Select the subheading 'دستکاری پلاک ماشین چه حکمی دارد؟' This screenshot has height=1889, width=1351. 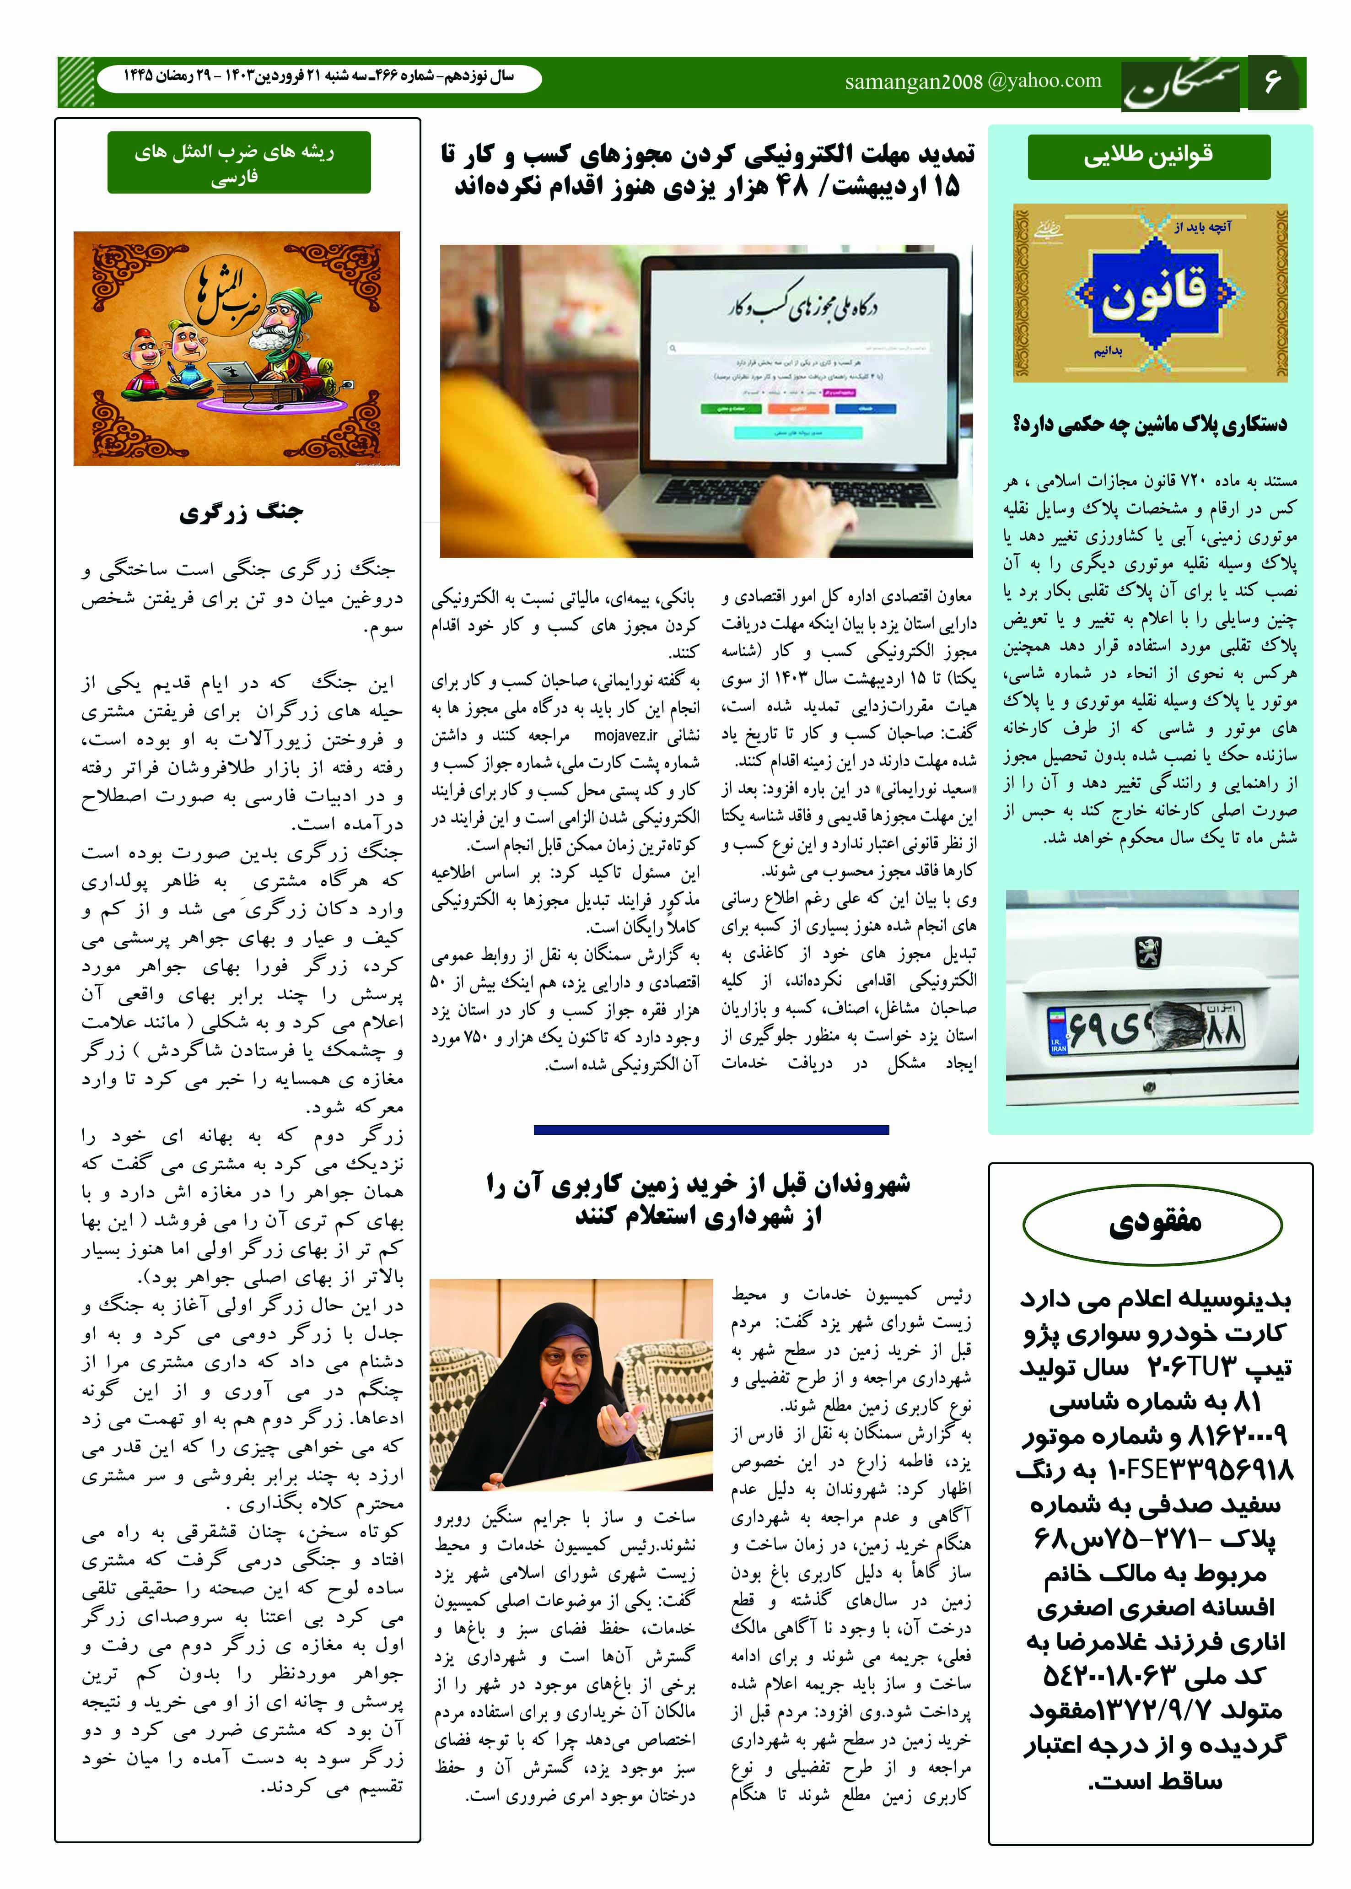pyautogui.click(x=1149, y=424)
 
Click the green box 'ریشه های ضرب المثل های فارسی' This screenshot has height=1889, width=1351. pyautogui.click(x=239, y=163)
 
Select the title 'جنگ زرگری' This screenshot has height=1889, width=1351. pyautogui.click(x=241, y=512)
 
